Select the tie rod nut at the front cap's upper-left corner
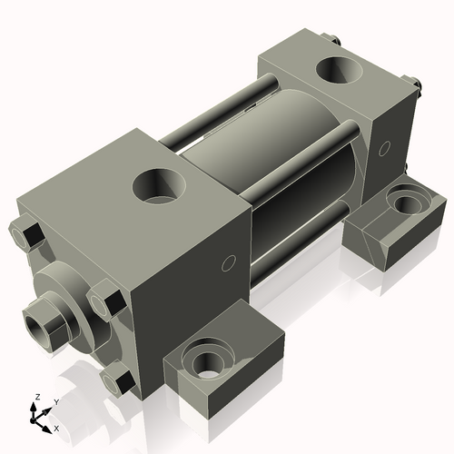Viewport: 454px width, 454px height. coord(27,236)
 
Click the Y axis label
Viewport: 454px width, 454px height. coord(55,400)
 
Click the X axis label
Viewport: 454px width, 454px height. coord(57,427)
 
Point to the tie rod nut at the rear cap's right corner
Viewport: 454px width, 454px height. coord(419,88)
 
